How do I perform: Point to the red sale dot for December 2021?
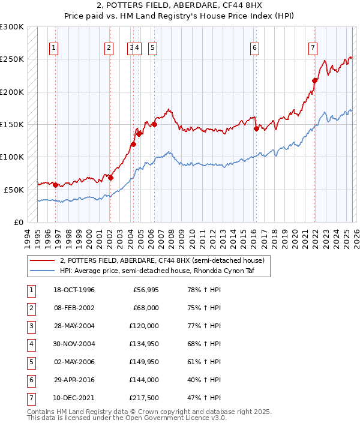click(x=315, y=80)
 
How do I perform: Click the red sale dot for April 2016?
click(x=256, y=128)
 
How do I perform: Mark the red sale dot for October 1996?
click(x=55, y=185)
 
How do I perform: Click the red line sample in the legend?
click(x=42, y=260)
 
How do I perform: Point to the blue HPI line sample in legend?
click(x=42, y=271)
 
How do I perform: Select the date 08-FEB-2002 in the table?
click(x=74, y=308)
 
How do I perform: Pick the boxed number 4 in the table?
click(x=30, y=344)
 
